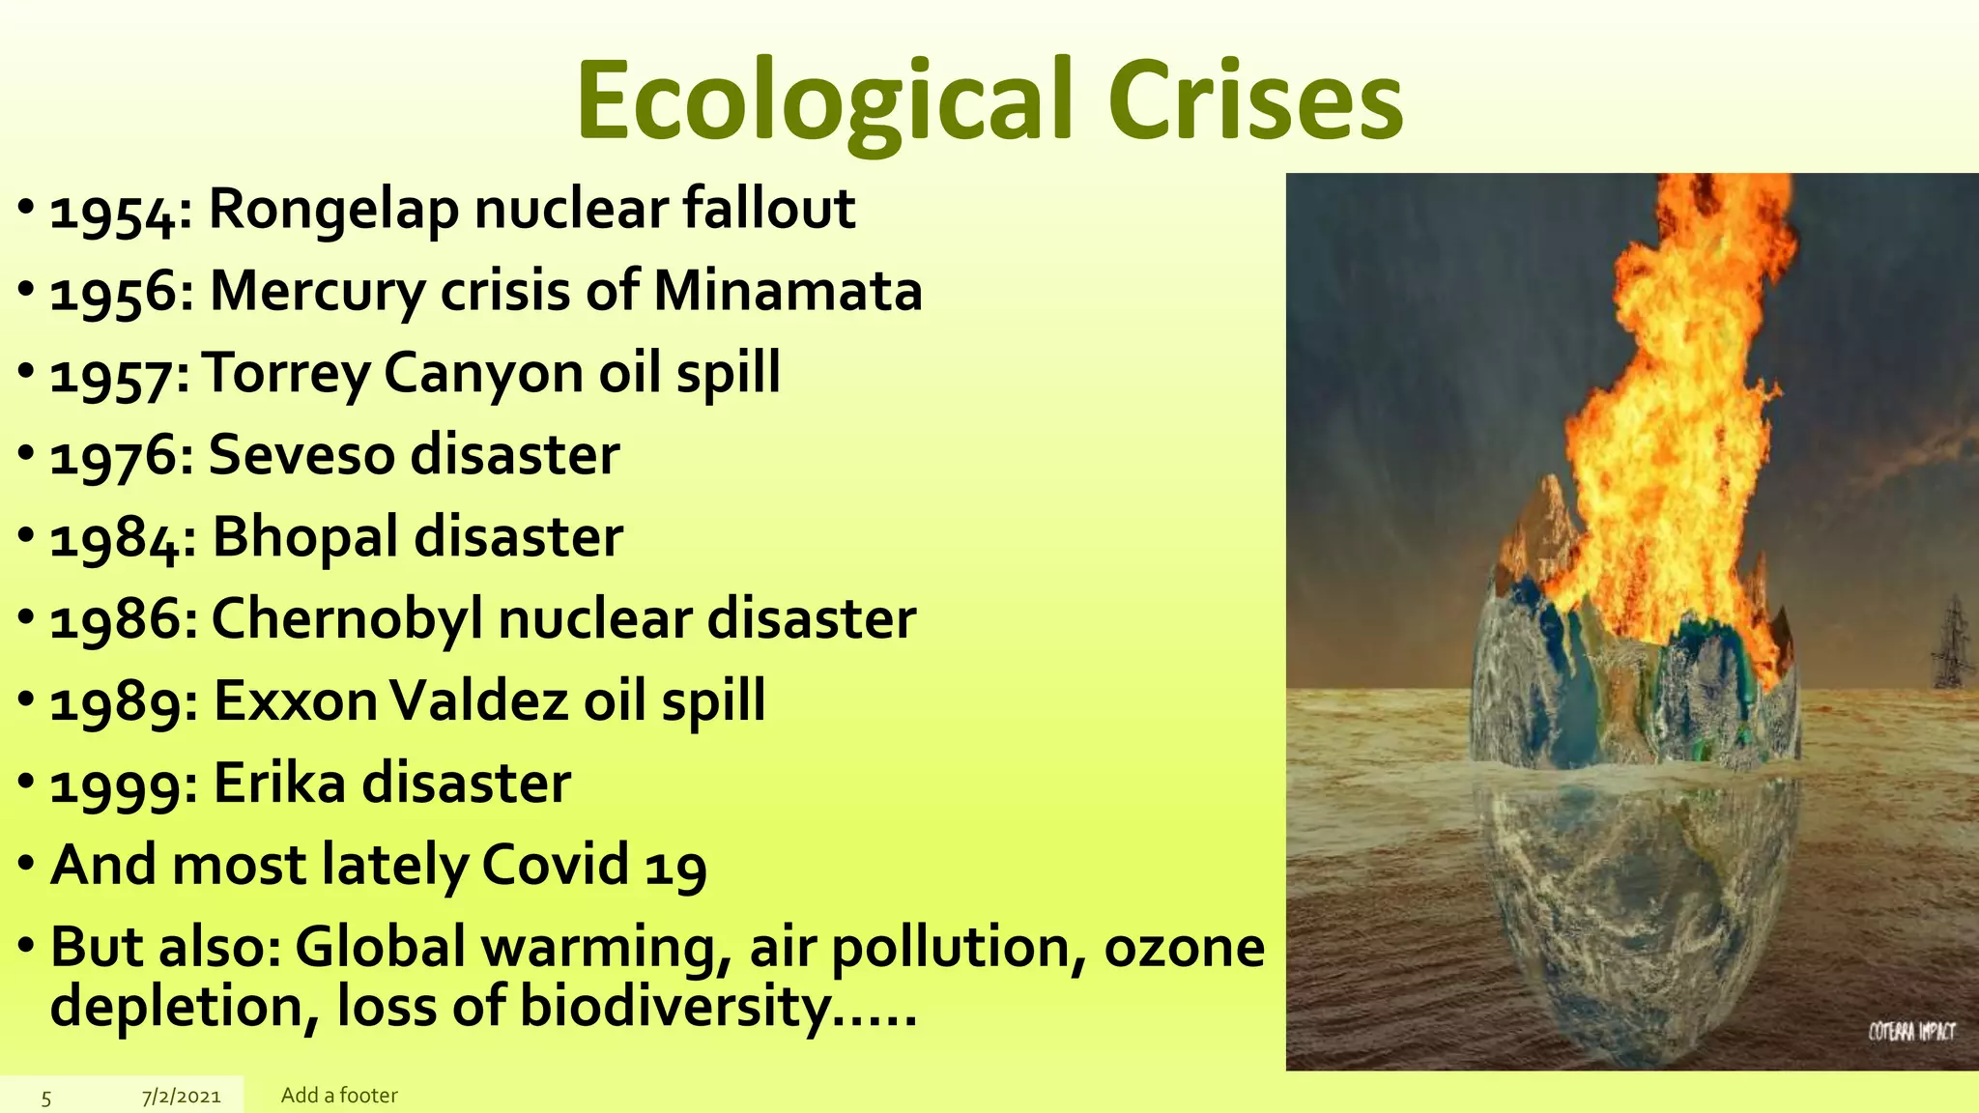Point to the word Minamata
point(788,291)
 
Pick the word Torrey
point(287,374)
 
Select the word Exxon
point(295,700)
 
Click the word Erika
point(278,783)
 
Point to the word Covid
point(555,865)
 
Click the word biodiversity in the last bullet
point(674,1007)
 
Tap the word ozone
point(1184,947)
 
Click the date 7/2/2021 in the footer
point(181,1097)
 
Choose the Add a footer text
point(339,1096)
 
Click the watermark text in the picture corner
point(1910,1033)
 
